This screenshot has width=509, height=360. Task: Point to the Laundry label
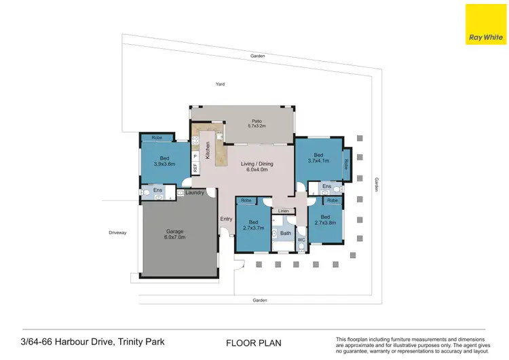pos(195,193)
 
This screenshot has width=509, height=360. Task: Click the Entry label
pos(226,219)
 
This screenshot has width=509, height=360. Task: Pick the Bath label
pos(285,234)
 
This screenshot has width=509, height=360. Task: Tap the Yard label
pos(220,84)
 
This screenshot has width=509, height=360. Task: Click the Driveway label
pos(117,233)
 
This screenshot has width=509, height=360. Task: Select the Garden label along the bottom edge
pos(260,300)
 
